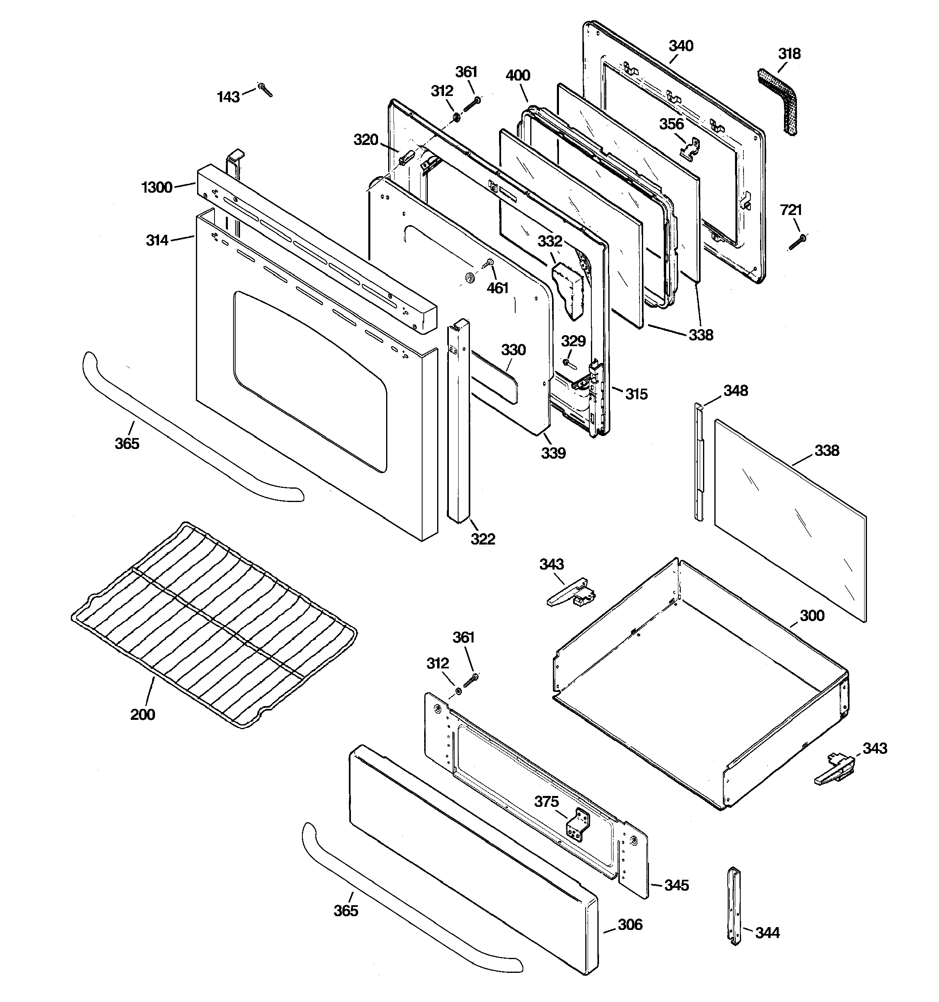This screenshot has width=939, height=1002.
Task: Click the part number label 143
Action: [x=228, y=97]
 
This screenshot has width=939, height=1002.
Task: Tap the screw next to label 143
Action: [x=265, y=90]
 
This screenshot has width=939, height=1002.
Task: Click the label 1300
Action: [x=157, y=187]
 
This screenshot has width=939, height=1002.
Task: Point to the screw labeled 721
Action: [x=797, y=242]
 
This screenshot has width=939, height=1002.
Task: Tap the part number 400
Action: [x=518, y=76]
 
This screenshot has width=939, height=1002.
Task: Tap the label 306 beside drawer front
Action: [x=630, y=925]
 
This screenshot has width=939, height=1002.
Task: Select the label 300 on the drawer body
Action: [x=812, y=615]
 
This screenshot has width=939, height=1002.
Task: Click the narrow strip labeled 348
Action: [x=698, y=461]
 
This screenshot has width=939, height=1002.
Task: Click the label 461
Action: [x=497, y=288]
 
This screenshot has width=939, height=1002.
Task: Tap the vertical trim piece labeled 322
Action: [x=459, y=423]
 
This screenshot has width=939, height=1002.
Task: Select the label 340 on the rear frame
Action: [x=681, y=46]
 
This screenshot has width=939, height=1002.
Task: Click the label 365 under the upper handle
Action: [x=127, y=444]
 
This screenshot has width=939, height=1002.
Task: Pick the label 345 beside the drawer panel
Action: [x=676, y=885]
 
